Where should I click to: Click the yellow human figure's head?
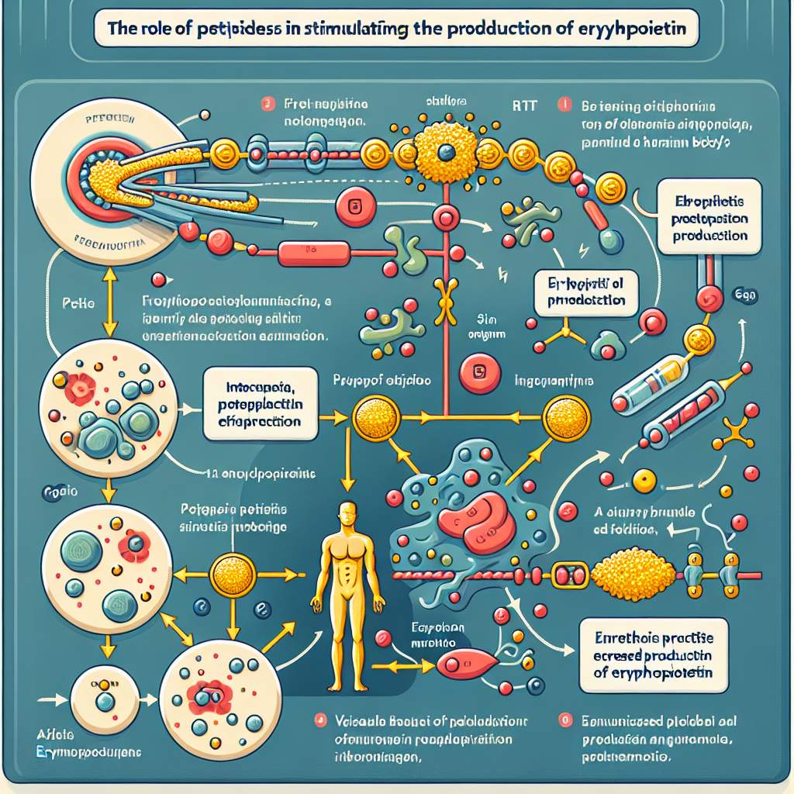point(347,514)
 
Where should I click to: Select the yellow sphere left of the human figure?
point(233,575)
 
